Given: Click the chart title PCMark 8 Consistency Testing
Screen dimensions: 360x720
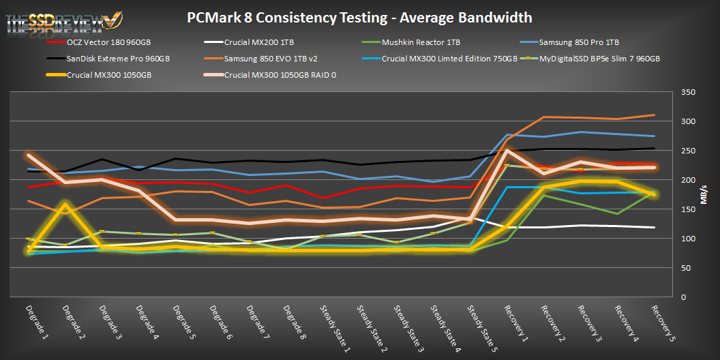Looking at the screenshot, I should [x=359, y=17].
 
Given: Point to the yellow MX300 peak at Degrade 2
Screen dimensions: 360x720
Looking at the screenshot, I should [x=65, y=205].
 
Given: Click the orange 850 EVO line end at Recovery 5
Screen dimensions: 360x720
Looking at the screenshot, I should [x=654, y=115].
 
